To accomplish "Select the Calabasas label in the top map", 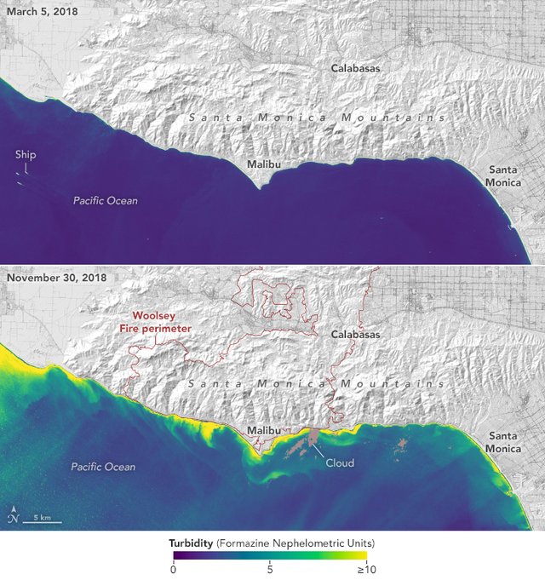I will coord(355,67).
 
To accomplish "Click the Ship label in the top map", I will coord(25,155).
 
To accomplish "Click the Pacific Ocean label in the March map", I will coord(105,201).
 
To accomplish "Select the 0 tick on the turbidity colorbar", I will coord(174,570).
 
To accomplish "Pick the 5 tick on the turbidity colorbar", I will coord(270,570).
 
